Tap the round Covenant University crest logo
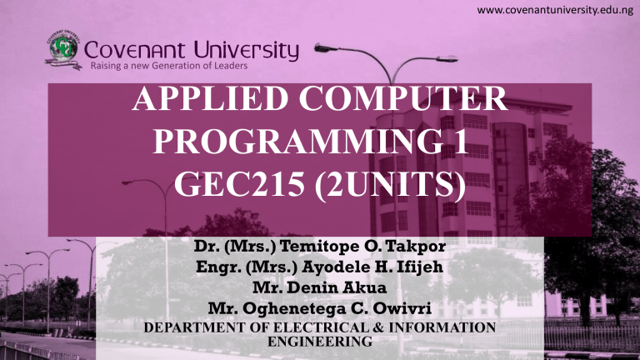[61, 53]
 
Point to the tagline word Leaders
[226, 67]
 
